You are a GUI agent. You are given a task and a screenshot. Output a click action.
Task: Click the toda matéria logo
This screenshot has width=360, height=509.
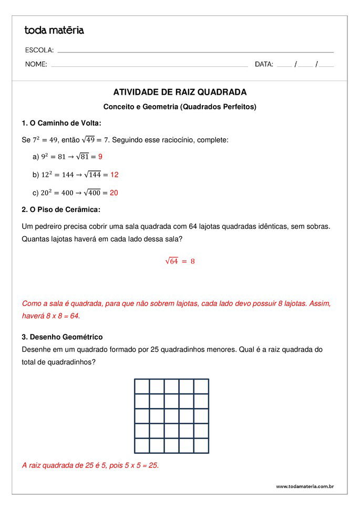pos(54,30)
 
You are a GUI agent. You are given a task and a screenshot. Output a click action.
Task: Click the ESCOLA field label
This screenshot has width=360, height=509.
pos(39,50)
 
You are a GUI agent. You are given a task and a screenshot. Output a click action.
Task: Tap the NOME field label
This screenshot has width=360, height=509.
pos(36,65)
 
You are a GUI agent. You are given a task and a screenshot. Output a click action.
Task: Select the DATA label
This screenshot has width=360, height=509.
pos(264,65)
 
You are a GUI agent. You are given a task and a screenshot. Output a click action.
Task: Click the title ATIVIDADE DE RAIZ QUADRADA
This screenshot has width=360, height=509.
pos(180,93)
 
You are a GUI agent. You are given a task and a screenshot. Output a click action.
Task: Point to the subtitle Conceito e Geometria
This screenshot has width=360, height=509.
pos(180,107)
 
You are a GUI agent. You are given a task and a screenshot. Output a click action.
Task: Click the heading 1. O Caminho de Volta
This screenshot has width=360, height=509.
pos(61,124)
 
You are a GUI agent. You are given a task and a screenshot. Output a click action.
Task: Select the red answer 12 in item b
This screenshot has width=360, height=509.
pos(115,175)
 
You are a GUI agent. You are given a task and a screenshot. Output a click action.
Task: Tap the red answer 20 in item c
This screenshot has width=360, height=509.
pos(114,193)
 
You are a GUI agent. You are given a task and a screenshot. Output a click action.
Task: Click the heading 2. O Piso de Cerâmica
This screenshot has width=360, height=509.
pos(61,210)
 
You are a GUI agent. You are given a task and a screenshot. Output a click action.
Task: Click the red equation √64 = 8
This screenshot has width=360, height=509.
pos(180,261)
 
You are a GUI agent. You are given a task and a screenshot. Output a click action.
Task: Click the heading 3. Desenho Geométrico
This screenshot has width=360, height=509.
pos(62,337)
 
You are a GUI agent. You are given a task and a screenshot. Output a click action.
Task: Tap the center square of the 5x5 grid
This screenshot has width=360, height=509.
pos(172,416)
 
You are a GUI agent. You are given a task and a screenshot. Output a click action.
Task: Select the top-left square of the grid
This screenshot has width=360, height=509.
pos(142,386)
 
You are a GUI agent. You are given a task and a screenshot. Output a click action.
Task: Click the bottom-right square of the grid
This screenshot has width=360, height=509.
pos(201,446)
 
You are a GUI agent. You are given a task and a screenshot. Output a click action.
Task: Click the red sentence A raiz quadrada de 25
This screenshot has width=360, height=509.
pos(90,465)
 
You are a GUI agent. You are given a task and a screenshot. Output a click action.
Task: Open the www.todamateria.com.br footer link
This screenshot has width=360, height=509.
pos(305,486)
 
